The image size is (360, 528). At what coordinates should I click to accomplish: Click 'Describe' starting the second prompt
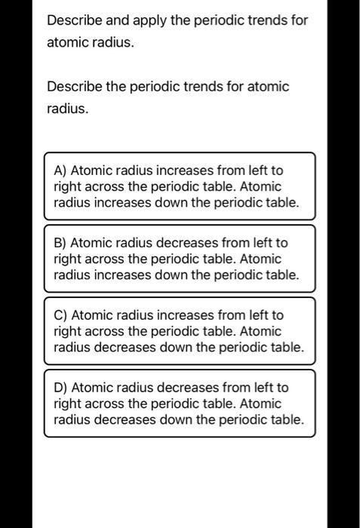point(72,87)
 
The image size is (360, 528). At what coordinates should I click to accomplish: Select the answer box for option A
point(179,186)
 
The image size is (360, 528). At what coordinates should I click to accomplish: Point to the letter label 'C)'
point(61,315)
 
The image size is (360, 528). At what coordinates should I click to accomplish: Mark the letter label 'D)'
point(61,388)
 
